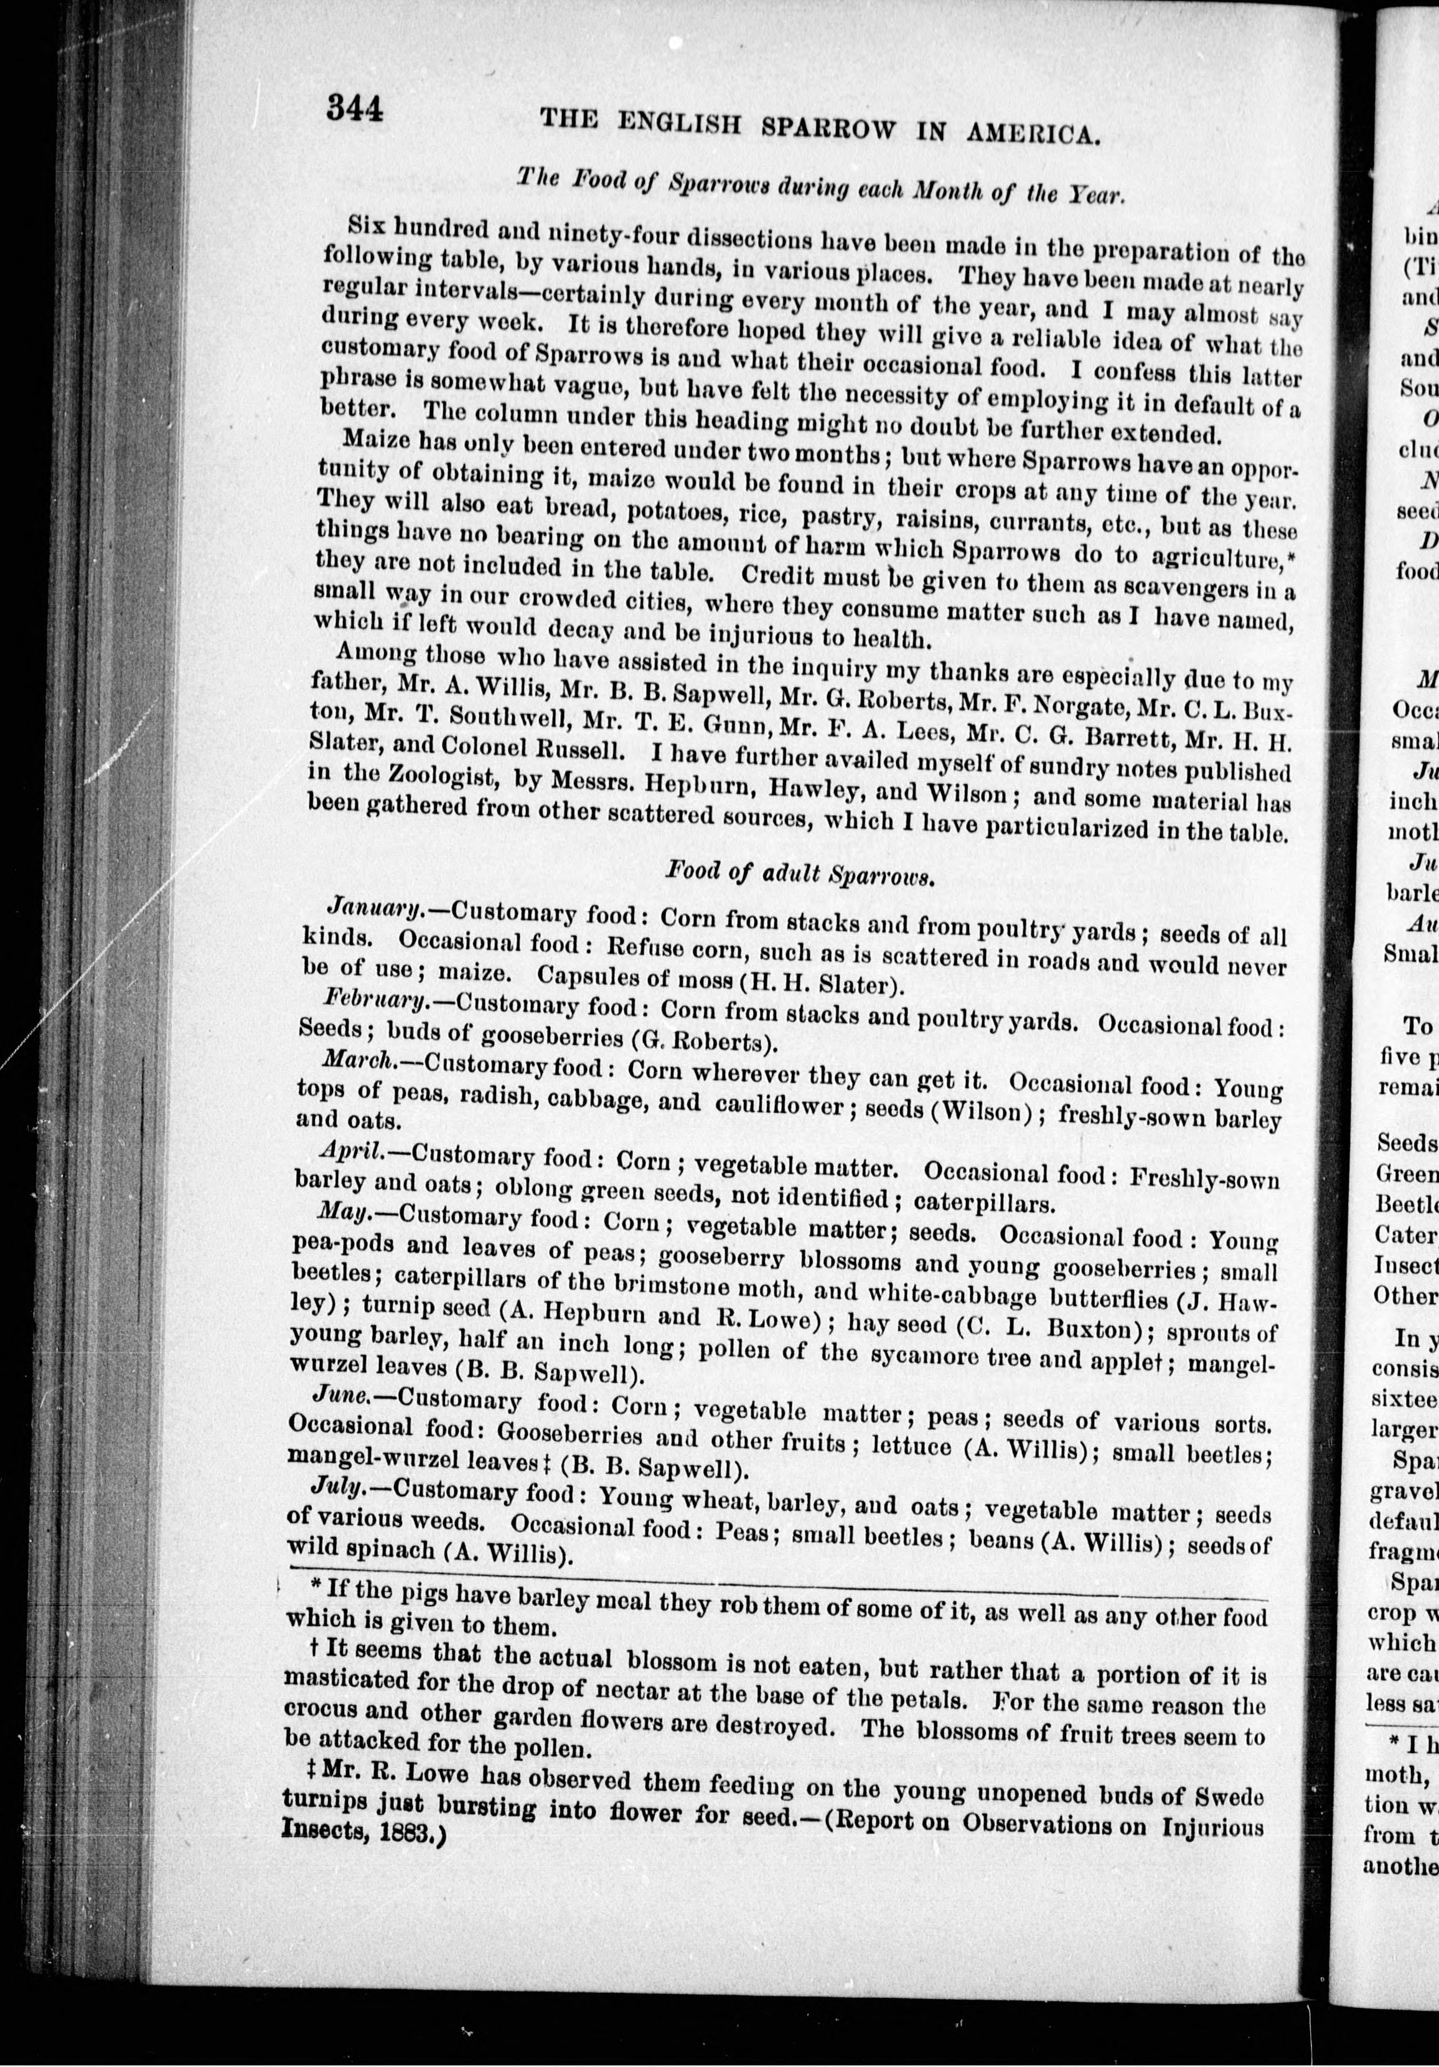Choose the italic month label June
pos(339,1396)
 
